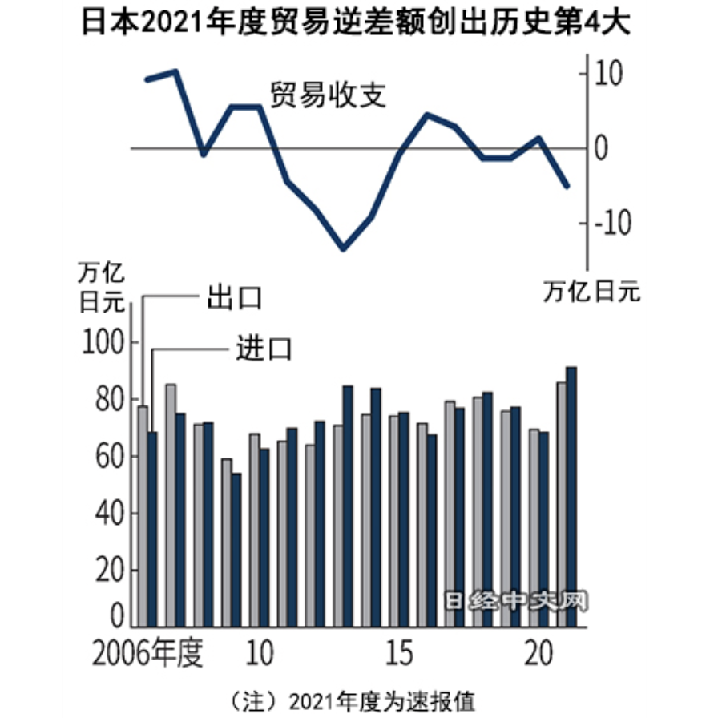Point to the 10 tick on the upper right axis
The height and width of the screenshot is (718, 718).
[x=612, y=74]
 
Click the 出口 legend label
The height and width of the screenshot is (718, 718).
[x=235, y=297]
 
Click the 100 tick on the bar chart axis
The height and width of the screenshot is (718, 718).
[x=104, y=344]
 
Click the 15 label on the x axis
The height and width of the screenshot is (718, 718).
[x=401, y=654]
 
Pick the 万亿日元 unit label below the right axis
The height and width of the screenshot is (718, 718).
[x=592, y=292]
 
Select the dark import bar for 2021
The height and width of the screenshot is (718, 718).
[x=571, y=498]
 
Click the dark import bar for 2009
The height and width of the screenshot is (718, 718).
[x=236, y=550]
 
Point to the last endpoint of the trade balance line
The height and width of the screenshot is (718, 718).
[x=567, y=186]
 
